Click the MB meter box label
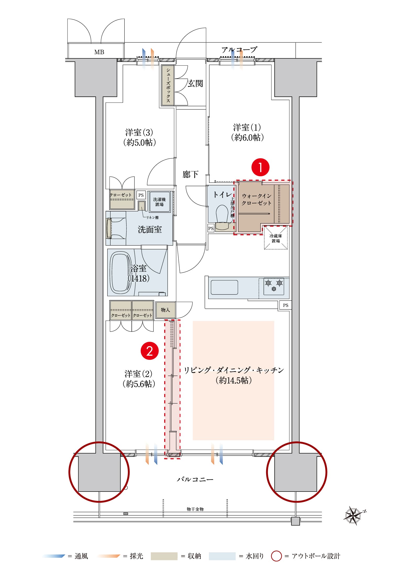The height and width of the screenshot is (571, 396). pos(99,52)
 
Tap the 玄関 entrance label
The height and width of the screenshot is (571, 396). pos(195,83)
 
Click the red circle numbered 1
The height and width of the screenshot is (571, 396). pos(260,167)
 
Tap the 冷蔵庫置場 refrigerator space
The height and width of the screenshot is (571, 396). pos(276,238)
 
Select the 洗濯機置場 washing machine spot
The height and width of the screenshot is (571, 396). pos(159,202)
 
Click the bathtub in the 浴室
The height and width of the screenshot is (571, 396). pos(120,273)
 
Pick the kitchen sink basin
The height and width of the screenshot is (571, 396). pos(224,287)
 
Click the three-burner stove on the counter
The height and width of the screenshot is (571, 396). pos(274,286)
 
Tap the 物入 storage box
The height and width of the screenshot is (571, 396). pos(165,310)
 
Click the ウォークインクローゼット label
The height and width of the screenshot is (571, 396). pos(256,199)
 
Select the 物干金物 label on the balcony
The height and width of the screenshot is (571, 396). pos(195,509)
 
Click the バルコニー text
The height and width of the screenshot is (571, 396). pos(195,479)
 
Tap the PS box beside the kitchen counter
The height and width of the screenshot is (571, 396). pos(285,305)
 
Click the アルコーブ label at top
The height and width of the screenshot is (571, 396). pos(239,50)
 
